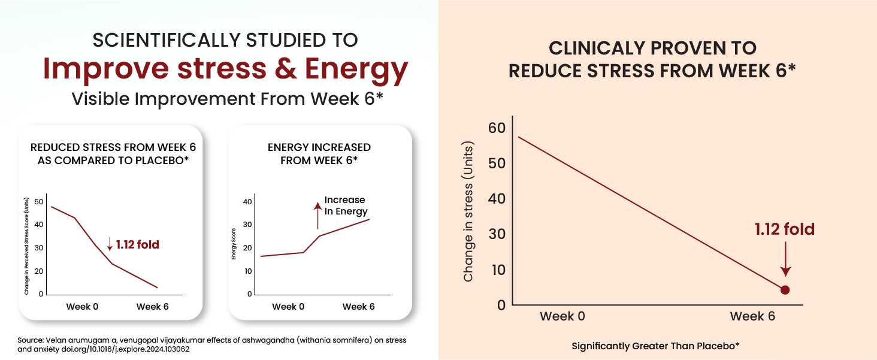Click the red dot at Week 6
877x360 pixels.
point(785,290)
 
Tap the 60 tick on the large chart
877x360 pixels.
point(497,128)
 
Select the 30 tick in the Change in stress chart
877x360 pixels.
point(497,234)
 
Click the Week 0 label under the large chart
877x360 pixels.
point(563,316)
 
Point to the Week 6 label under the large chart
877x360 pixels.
point(752,316)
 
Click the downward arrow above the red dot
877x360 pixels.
point(785,259)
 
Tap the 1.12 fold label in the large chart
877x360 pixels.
point(785,229)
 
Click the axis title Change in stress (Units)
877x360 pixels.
point(468,211)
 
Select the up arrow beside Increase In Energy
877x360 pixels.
point(317,215)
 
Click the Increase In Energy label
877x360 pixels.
point(346,205)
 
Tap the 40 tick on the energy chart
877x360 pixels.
point(247,202)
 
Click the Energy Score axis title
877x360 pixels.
point(234,244)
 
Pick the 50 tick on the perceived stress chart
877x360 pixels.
point(39,202)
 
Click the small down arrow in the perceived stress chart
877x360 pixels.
point(110,244)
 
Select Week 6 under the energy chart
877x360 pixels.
point(358,307)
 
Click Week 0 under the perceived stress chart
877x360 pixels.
point(82,307)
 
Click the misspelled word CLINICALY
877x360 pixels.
point(597,48)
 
